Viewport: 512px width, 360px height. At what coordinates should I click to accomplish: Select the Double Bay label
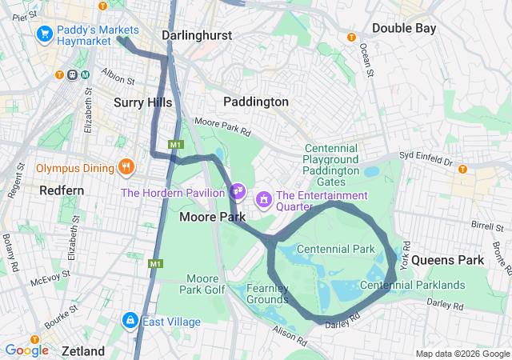pyautogui.click(x=403, y=28)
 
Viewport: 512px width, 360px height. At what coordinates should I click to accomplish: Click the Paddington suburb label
pyautogui.click(x=255, y=102)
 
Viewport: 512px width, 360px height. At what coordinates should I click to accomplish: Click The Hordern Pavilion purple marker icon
pyautogui.click(x=237, y=191)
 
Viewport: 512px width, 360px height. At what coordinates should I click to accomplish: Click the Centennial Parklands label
pyautogui.click(x=413, y=285)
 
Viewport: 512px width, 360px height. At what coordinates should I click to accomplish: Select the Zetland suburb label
pyautogui.click(x=83, y=351)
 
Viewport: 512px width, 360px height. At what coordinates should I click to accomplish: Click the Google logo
pyautogui.click(x=26, y=350)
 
